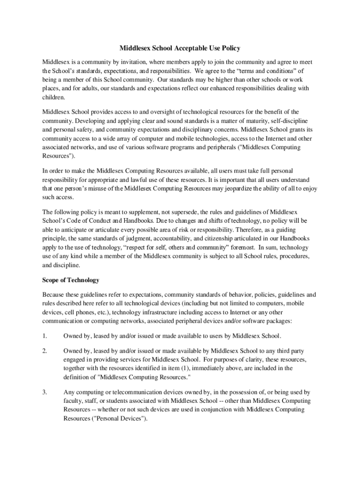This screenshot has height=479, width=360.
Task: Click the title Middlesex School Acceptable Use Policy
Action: click(x=180, y=48)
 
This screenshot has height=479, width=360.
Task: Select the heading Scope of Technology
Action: click(x=71, y=280)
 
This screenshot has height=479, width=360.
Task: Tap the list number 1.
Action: click(x=44, y=336)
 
